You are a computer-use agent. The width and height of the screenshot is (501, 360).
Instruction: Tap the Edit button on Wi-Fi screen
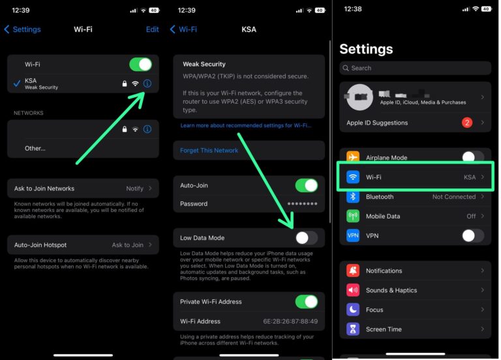[x=152, y=29]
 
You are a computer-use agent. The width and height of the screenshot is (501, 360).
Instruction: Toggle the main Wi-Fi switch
[x=140, y=64]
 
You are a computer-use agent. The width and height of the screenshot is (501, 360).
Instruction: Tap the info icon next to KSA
[x=147, y=83]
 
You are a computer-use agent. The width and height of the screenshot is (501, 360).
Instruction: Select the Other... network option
[x=35, y=148]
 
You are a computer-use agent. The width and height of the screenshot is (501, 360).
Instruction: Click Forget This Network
[x=209, y=151]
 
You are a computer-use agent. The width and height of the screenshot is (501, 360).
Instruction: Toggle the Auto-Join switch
[x=306, y=185]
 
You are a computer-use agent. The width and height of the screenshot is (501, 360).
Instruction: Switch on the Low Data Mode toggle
[x=306, y=238]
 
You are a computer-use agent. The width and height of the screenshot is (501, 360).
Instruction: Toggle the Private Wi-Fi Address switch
[x=306, y=301]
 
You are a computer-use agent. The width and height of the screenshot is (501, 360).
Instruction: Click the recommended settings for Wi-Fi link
[x=245, y=125]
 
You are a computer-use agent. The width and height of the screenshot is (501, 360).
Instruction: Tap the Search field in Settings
[x=415, y=68]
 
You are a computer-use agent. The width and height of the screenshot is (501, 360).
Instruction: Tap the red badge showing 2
[x=467, y=123]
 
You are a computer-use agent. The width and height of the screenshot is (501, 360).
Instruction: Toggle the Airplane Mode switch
[x=473, y=157]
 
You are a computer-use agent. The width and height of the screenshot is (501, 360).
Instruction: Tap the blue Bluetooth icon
[x=353, y=196]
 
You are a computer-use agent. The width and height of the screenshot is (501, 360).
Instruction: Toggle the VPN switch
[x=473, y=235]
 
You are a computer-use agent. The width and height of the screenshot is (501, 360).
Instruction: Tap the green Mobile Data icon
[x=353, y=216]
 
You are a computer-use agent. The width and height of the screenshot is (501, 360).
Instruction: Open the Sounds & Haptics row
[x=415, y=290]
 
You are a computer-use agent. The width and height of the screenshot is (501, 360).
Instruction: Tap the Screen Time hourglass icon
[x=353, y=329]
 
